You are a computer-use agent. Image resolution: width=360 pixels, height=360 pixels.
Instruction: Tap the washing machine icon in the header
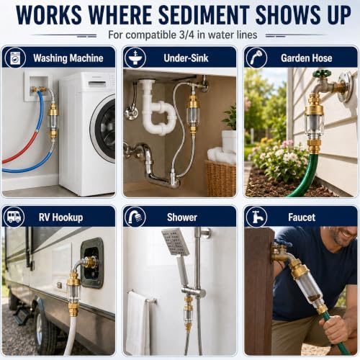click(15, 58)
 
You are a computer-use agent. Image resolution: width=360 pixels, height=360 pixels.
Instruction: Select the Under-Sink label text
click(186, 58)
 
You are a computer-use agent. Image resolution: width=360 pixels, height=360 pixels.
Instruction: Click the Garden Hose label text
click(307, 58)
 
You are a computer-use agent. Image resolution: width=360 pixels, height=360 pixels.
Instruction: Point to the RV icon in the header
click(14, 217)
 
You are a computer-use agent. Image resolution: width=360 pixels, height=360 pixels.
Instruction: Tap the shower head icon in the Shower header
click(135, 217)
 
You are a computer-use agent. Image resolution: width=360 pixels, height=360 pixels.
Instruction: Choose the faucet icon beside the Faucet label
click(256, 217)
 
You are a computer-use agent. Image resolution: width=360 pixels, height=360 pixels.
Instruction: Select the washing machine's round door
click(103, 128)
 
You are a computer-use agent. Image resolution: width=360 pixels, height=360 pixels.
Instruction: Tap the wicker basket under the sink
click(220, 178)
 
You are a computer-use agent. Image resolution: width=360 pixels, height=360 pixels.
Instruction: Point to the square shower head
click(175, 241)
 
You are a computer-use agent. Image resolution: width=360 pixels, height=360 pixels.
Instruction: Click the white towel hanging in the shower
click(138, 323)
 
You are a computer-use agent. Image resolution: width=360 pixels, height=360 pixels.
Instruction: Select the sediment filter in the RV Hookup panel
click(74, 293)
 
